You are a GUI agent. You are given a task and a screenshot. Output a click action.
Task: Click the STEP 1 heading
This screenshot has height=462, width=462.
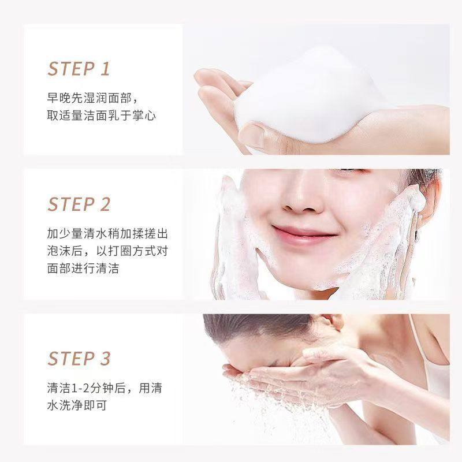[x=79, y=69]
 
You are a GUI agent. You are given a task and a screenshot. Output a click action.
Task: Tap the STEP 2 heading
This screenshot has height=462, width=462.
[x=79, y=204]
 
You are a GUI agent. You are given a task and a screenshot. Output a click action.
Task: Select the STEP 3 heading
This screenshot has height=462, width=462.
[x=79, y=358]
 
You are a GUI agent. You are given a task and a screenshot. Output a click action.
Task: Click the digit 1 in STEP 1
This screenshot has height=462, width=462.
[x=105, y=69]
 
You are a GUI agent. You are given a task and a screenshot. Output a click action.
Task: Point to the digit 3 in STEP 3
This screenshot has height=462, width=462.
[x=105, y=358]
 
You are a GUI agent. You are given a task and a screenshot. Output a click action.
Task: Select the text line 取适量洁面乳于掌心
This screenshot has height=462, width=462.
[x=102, y=116]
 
